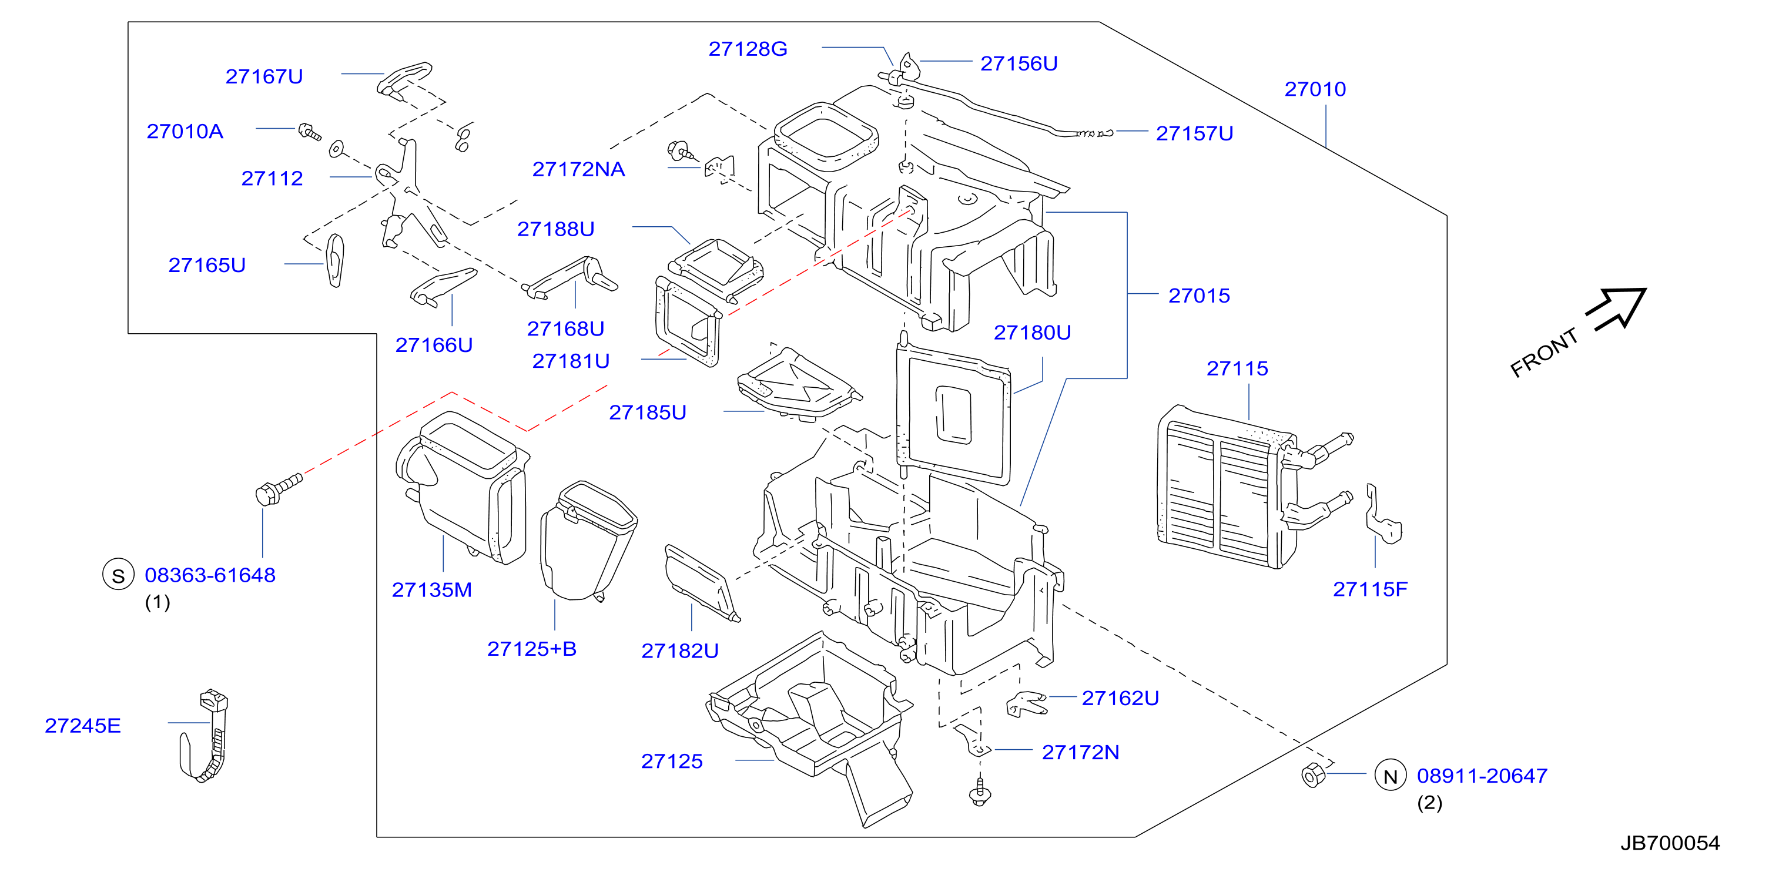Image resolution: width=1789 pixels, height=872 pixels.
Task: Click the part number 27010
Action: pyautogui.click(x=1315, y=89)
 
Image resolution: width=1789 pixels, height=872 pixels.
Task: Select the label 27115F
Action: pyautogui.click(x=1369, y=589)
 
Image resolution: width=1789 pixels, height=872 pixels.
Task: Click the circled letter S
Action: pyautogui.click(x=118, y=575)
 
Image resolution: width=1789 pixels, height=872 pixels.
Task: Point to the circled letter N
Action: pyautogui.click(x=1391, y=776)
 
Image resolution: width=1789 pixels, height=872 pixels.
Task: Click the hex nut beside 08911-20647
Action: pyautogui.click(x=1312, y=775)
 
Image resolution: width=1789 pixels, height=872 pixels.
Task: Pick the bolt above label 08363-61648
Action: pyautogui.click(x=279, y=489)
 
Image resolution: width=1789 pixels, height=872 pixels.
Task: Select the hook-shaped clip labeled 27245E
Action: pyautogui.click(x=206, y=736)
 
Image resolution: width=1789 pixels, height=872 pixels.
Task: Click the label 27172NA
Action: pyautogui.click(x=578, y=169)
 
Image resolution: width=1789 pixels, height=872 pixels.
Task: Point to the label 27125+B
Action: pyautogui.click(x=531, y=649)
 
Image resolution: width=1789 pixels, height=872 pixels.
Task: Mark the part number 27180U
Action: pyautogui.click(x=1032, y=333)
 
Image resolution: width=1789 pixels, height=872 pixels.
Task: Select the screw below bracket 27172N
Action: pyautogui.click(x=979, y=792)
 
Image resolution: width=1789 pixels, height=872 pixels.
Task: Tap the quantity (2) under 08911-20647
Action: pyautogui.click(x=1429, y=803)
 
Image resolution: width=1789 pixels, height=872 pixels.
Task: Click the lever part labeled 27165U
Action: pyautogui.click(x=336, y=260)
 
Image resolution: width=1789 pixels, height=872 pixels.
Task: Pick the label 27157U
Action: pyautogui.click(x=1194, y=134)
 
